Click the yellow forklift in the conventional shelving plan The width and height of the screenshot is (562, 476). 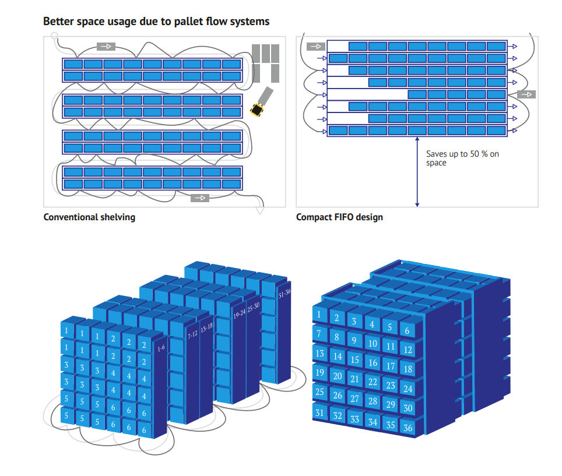257,109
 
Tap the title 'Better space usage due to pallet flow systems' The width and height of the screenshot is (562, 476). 156,22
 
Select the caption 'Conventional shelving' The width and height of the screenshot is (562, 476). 89,217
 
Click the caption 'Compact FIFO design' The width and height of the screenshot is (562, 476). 339,217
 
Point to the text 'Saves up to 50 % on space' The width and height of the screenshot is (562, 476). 462,158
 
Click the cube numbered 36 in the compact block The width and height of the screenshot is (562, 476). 408,428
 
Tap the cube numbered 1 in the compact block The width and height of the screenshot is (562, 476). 319,315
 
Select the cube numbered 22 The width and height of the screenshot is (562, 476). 372,382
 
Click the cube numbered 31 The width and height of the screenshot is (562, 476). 319,412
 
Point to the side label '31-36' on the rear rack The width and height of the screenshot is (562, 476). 284,294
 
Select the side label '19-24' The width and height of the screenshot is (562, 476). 239,314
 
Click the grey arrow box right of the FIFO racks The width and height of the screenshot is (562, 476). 526,94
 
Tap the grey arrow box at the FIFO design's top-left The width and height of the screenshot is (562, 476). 315,46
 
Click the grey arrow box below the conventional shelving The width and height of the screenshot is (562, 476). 199,198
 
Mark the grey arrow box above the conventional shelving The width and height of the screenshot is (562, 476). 106,46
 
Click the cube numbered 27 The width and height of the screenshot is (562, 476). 354,399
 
